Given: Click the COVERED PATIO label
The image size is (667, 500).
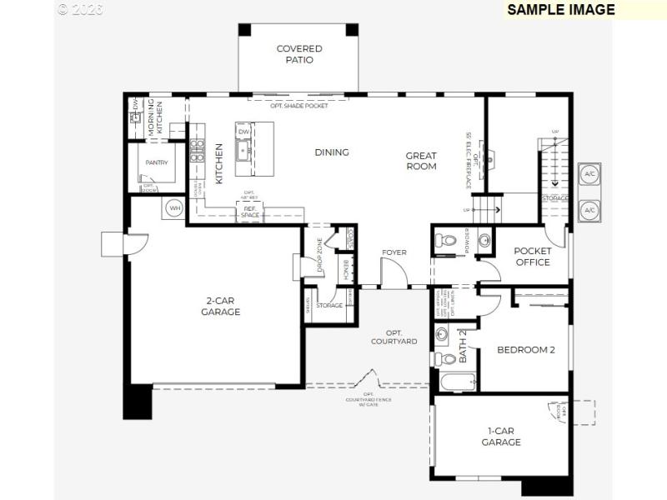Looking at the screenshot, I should [x=299, y=54].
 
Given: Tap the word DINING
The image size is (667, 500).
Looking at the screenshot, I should [x=331, y=152].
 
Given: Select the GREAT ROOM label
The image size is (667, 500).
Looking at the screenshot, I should [x=421, y=161].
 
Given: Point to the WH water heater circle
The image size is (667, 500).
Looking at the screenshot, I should [x=174, y=207].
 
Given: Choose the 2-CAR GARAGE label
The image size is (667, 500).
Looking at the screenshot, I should [x=220, y=307].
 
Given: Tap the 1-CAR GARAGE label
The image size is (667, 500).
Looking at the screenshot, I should [x=501, y=437].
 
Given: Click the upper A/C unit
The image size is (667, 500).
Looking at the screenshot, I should [x=589, y=175].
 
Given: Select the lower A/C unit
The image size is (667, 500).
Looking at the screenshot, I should [x=589, y=210].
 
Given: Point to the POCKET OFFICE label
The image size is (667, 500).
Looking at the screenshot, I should [x=532, y=257].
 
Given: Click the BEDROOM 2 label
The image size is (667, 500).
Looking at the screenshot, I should [x=526, y=350].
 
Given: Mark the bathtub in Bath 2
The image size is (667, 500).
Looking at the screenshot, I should [x=454, y=383].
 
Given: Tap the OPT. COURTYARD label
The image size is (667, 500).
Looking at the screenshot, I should [x=394, y=337].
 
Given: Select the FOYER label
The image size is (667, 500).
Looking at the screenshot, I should [x=394, y=252].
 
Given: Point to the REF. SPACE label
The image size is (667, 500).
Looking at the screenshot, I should [x=250, y=212].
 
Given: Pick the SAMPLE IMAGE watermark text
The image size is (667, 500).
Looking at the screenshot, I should [x=560, y=10].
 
